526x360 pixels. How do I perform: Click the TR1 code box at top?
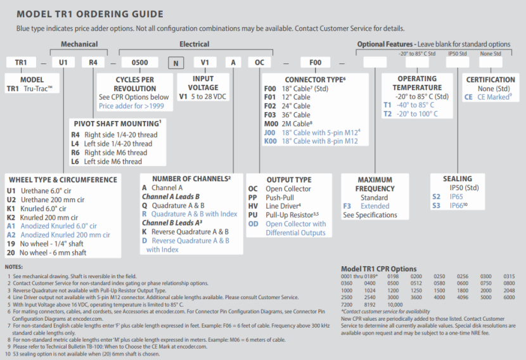point(21,63)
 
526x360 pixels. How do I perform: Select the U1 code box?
point(63,63)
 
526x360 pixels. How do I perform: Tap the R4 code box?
point(93,63)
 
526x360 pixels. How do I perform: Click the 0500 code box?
point(139,63)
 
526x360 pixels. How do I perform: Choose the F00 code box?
point(315,63)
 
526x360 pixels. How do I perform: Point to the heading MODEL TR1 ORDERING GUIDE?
point(89,14)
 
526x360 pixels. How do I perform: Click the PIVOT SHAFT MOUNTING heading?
point(117,123)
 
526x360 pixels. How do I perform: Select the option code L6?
point(75,162)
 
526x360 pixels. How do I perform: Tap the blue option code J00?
point(270,132)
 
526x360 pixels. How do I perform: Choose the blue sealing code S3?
point(436,206)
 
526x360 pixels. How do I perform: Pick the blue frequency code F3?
point(347,206)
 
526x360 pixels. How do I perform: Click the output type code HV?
point(253,206)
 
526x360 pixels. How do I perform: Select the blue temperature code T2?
point(387,113)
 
